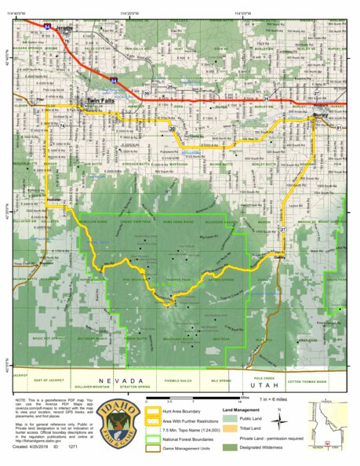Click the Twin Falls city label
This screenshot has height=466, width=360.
click(x=101, y=101)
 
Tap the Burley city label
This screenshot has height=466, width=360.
click(x=319, y=115)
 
